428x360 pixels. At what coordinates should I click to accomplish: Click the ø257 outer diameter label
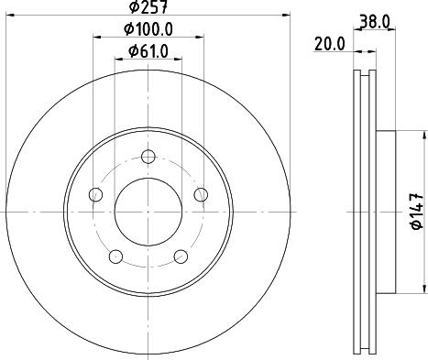pyautogui.click(x=147, y=8)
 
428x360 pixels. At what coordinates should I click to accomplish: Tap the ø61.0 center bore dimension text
pyautogui.click(x=147, y=50)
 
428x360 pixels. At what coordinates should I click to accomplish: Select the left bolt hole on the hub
pyautogui.click(x=94, y=193)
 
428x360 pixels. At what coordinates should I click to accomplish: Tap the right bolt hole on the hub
pyautogui.click(x=200, y=192)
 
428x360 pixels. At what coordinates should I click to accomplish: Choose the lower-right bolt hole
pyautogui.click(x=180, y=255)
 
